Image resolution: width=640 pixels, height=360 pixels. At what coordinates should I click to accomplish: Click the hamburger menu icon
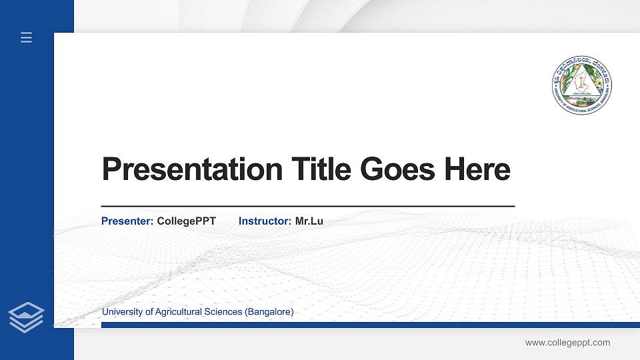pyautogui.click(x=27, y=38)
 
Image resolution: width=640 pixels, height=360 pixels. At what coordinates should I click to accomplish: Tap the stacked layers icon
pyautogui.click(x=27, y=317)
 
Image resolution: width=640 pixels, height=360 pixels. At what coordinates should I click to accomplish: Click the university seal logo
pyautogui.click(x=582, y=84)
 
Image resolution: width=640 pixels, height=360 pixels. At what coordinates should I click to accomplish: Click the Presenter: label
pyautogui.click(x=127, y=221)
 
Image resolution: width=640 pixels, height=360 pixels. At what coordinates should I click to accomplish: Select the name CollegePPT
pyautogui.click(x=187, y=221)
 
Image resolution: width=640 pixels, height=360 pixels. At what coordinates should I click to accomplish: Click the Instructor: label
pyautogui.click(x=265, y=221)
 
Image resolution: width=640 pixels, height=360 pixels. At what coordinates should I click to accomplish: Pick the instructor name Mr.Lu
pyautogui.click(x=309, y=221)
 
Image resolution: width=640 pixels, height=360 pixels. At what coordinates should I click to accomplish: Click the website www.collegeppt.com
pyautogui.click(x=567, y=343)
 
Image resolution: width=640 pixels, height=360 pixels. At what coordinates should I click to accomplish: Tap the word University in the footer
pyautogui.click(x=120, y=312)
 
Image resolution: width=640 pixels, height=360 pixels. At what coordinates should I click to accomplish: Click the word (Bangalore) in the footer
pyautogui.click(x=269, y=312)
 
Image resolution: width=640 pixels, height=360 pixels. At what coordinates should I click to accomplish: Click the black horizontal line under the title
pyautogui.click(x=307, y=207)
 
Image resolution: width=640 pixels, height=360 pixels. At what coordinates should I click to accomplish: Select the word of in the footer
pyautogui.click(x=146, y=312)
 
